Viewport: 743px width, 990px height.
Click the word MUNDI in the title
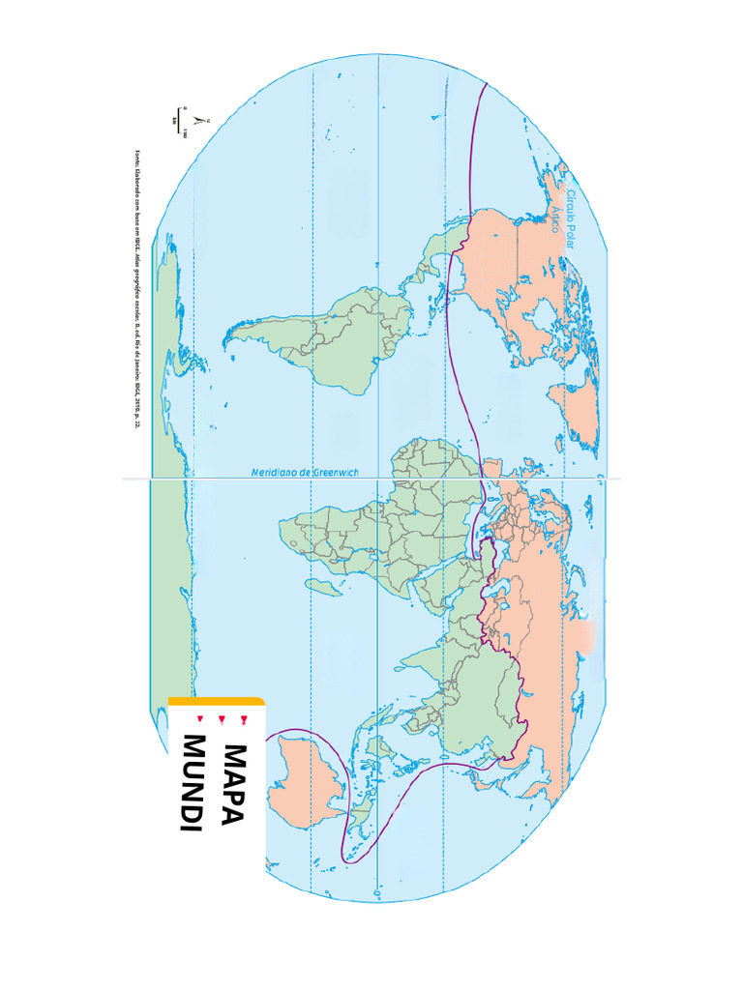(193, 782)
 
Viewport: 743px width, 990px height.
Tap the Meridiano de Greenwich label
(305, 472)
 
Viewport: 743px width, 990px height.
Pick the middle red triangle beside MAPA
(222, 718)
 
